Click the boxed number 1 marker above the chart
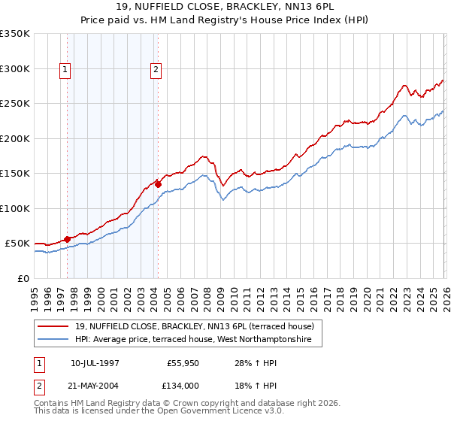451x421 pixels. click(65, 71)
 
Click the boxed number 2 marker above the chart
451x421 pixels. click(156, 71)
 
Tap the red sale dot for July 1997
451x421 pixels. click(68, 238)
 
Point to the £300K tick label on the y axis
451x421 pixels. click(15, 68)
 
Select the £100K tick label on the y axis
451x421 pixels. click(15, 208)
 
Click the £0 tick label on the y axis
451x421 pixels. click(23, 278)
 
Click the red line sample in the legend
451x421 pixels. click(53, 326)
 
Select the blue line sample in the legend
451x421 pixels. click(53, 340)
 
